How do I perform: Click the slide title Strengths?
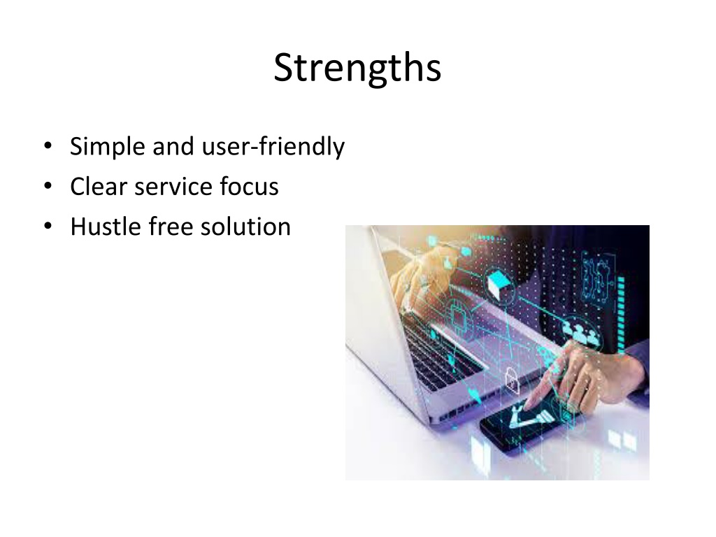tap(357, 68)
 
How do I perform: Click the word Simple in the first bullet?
tap(107, 147)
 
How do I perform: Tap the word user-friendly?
tap(273, 147)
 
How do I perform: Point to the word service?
tap(174, 186)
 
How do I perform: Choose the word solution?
tap(245, 227)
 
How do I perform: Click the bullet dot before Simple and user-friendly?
tap(48, 146)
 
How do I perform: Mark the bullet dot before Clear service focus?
tap(48, 186)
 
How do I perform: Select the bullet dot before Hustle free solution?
tap(48, 226)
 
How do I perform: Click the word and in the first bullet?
tap(173, 147)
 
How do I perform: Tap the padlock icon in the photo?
tap(512, 381)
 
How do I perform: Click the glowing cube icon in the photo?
tap(499, 284)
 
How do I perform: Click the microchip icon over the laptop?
tap(457, 316)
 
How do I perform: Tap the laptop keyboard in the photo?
tap(438, 351)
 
